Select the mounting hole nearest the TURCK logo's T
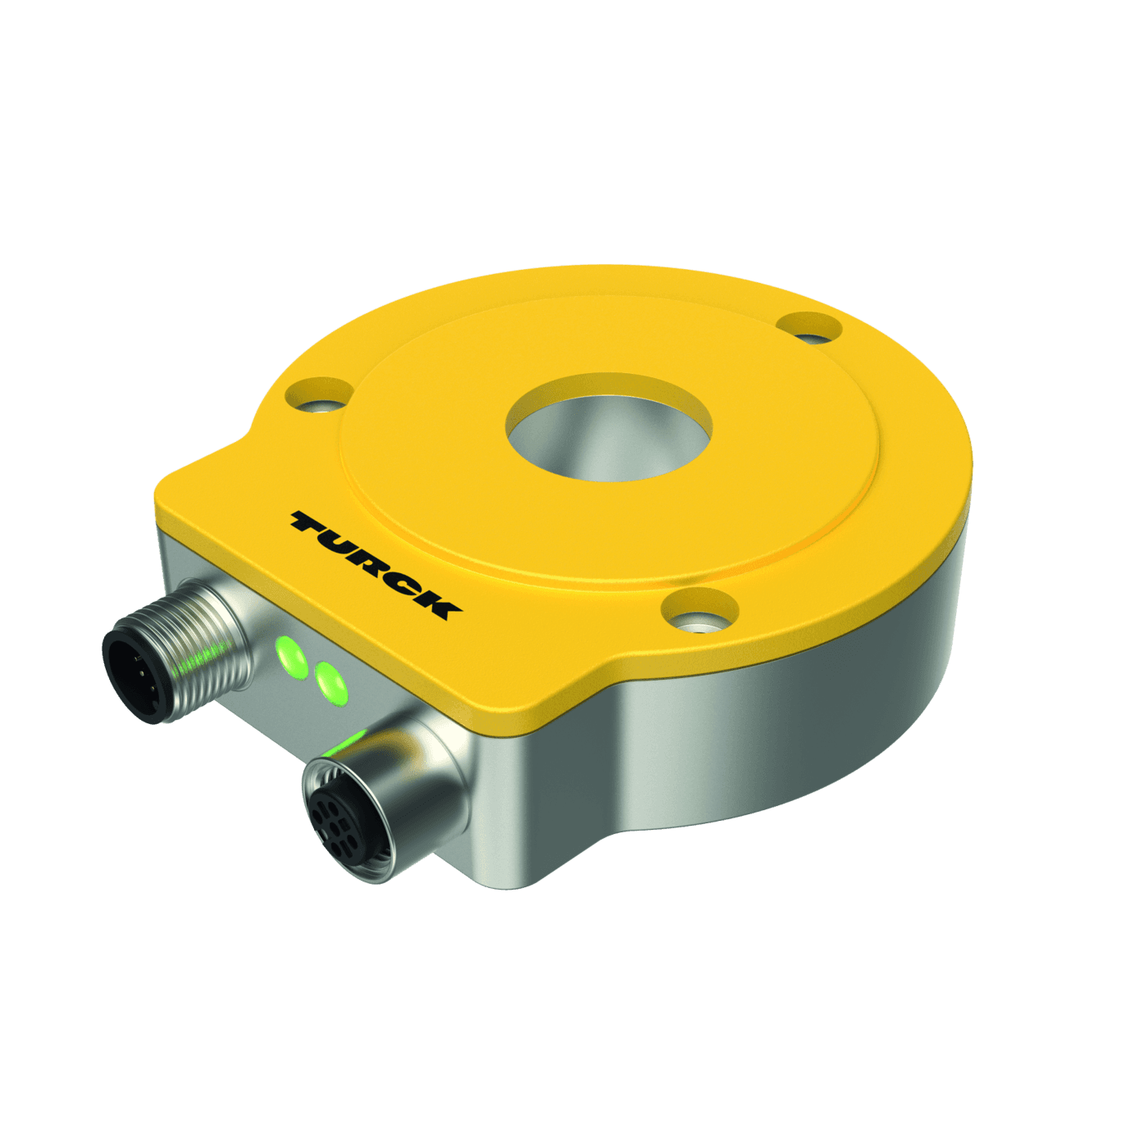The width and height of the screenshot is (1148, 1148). point(321,395)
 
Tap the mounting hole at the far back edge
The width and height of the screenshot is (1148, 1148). point(809,328)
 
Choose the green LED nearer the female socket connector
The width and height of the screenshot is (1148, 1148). point(330,681)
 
